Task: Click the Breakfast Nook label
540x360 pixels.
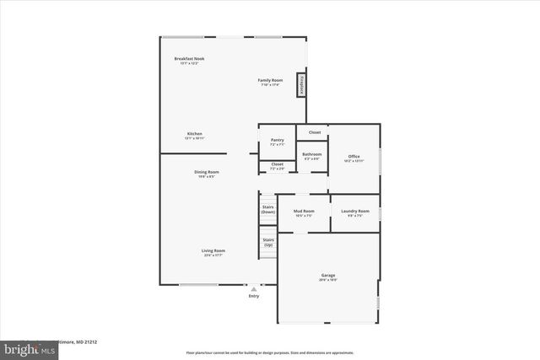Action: pos(189,59)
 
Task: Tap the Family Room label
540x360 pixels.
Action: pos(270,81)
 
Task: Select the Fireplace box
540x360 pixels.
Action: pos(300,85)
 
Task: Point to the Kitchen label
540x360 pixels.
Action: pos(195,135)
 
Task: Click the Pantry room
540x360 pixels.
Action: pos(277,142)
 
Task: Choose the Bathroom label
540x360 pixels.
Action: pos(312,156)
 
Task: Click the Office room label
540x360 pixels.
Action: pos(354,158)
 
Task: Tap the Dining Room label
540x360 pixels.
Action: pos(207,174)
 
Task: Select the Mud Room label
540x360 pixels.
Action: pos(304,212)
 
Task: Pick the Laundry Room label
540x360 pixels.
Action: pos(354,212)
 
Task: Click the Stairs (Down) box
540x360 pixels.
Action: pos(268,209)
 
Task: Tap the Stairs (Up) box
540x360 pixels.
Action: pos(268,243)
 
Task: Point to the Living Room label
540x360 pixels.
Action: pos(213,252)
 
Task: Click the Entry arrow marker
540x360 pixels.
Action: pos(254,288)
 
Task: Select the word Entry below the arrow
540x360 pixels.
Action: pos(254,296)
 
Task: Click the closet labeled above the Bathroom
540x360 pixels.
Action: pos(314,132)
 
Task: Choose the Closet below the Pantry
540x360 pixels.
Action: pos(277,166)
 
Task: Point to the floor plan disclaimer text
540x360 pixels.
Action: pos(270,352)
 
